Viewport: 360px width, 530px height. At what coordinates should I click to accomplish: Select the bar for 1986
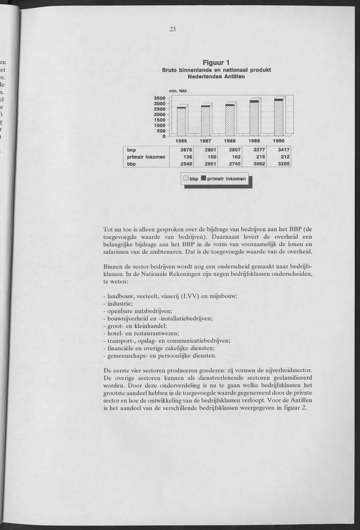click(182, 121)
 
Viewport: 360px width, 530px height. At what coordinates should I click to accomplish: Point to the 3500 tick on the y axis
click(159, 98)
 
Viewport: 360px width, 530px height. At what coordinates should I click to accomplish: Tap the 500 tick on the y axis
click(161, 131)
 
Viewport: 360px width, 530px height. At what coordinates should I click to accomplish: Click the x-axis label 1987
click(206, 140)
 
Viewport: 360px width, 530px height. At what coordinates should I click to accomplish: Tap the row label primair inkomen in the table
click(146, 157)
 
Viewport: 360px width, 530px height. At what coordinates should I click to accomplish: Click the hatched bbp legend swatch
click(186, 179)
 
